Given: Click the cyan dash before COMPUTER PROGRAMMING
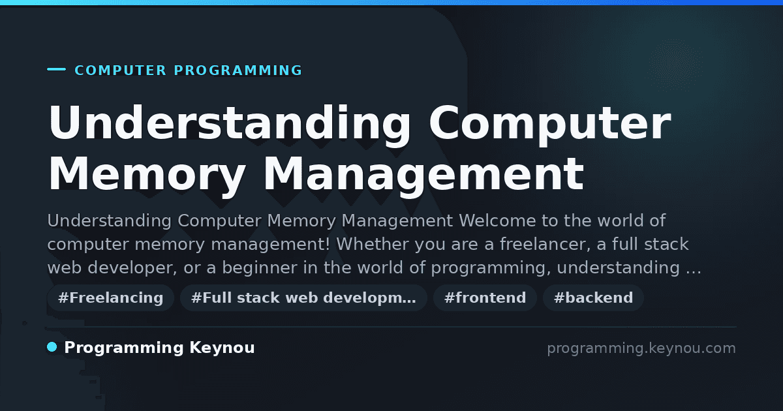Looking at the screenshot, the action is click(x=56, y=69).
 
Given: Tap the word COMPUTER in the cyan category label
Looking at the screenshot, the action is click(x=121, y=70).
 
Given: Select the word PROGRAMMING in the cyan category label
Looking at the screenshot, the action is click(x=238, y=70).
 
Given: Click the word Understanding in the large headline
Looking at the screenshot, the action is click(x=229, y=125).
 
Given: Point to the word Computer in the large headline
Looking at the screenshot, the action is click(x=550, y=125).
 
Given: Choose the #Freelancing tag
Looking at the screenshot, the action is click(x=110, y=297).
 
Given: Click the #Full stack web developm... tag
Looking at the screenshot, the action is click(x=303, y=297).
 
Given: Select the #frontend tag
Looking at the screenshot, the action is click(x=485, y=297).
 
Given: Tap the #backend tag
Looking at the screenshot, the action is click(x=593, y=297).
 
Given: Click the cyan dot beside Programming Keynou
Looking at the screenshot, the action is click(x=52, y=347).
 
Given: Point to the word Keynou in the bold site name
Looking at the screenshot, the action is click(x=222, y=348).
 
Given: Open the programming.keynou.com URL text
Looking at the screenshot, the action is click(x=641, y=348).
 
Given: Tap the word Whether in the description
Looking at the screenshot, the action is click(x=373, y=244).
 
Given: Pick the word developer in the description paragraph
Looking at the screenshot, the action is click(x=132, y=268).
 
